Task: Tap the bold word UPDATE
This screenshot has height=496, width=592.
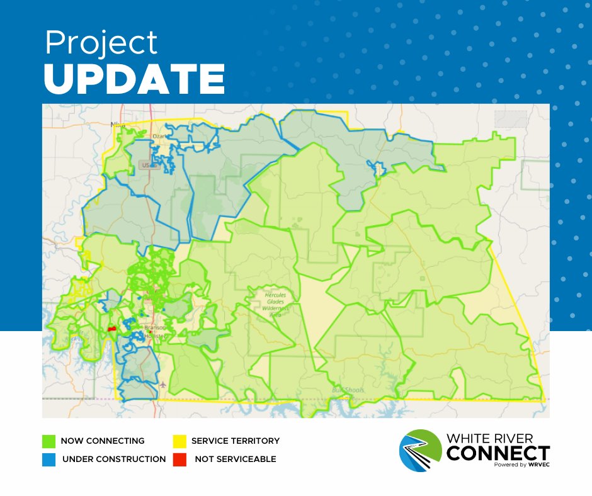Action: tap(134, 79)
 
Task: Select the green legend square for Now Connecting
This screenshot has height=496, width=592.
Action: tap(48, 441)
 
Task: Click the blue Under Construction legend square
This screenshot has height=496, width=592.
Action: tap(48, 459)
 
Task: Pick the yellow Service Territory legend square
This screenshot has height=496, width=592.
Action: tap(178, 441)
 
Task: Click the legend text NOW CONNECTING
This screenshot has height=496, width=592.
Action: tap(103, 441)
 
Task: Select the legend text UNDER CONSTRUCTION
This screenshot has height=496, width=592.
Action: tap(114, 459)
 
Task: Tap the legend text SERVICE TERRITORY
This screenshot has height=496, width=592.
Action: tap(235, 441)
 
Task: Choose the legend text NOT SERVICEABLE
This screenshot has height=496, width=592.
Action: tap(235, 459)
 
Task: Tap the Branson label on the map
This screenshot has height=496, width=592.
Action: tap(154, 328)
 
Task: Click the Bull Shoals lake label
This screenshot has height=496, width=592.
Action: tap(348, 390)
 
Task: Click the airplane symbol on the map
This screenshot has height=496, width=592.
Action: tap(164, 383)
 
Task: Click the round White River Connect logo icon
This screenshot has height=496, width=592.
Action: tap(421, 449)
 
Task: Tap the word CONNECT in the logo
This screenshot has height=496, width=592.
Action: tap(498, 453)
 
